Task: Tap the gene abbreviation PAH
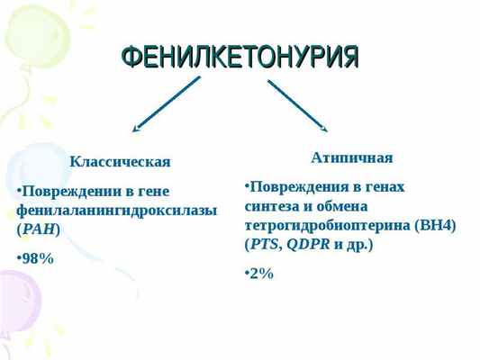click(39, 229)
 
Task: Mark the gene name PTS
click(264, 244)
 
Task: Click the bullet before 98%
click(19, 258)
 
